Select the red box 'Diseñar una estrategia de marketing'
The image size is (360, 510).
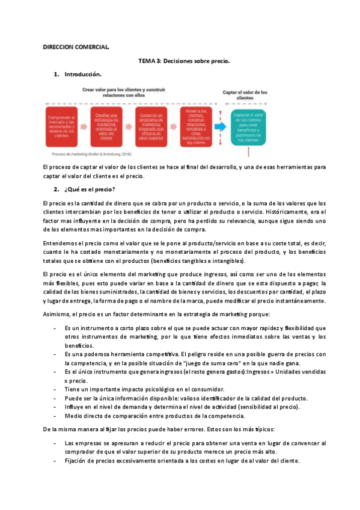point(108,125)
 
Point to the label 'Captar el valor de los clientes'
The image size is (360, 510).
point(245,95)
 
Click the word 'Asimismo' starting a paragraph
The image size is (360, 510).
point(57,313)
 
